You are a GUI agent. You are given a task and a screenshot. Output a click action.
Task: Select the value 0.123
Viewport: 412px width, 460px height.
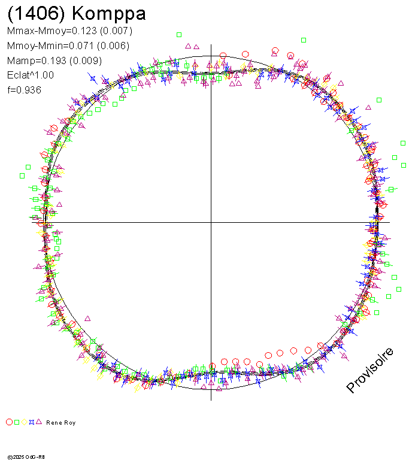[83, 31]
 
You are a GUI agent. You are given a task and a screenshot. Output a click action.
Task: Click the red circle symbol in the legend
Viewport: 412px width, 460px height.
[9, 422]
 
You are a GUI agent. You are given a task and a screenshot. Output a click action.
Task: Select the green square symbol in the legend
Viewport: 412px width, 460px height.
[17, 422]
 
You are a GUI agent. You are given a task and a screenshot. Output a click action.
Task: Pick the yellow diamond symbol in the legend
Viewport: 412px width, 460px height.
[24, 422]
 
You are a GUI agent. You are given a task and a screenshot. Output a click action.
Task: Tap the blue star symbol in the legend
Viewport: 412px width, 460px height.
[31, 422]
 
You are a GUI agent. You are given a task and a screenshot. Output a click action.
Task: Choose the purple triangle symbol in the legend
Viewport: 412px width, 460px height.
[38, 422]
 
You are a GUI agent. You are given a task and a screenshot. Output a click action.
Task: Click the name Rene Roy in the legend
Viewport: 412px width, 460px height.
[60, 423]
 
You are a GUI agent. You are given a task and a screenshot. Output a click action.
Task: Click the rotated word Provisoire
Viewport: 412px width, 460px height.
[370, 370]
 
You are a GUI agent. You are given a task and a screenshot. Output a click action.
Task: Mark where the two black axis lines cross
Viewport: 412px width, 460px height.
[211, 222]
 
